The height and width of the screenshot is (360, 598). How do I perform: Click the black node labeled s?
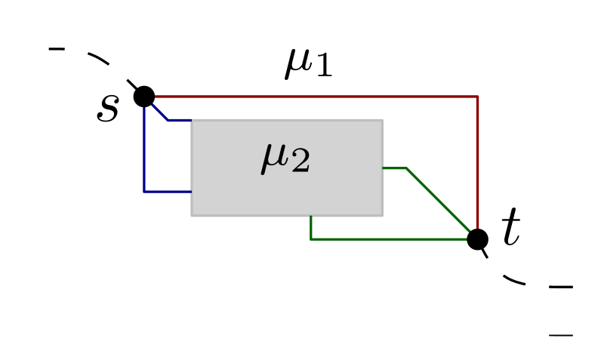144,97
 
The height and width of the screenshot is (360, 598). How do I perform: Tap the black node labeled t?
477,239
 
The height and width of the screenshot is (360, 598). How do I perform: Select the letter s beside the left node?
108,109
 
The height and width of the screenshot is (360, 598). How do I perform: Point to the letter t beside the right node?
511,228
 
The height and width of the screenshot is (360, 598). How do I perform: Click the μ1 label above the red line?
308,63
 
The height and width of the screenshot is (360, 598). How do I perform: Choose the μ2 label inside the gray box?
285,158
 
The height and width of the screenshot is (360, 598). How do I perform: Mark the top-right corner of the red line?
477,97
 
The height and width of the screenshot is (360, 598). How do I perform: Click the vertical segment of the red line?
477,166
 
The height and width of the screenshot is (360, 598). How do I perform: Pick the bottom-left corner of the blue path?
144,192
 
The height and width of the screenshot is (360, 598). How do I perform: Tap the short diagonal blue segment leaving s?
157,109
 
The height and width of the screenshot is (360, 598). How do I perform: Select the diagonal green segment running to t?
442,204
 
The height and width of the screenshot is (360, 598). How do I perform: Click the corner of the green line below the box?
311,239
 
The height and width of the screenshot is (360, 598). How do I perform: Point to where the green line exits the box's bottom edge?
311,216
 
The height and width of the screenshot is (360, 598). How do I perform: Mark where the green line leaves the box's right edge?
383,168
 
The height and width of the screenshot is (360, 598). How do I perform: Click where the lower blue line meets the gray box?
191,192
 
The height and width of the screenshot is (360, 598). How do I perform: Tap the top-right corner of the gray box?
382,120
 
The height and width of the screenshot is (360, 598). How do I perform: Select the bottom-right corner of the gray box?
382,215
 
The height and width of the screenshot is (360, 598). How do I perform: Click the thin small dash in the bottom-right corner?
560,334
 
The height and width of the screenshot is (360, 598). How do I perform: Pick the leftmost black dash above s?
57,50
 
